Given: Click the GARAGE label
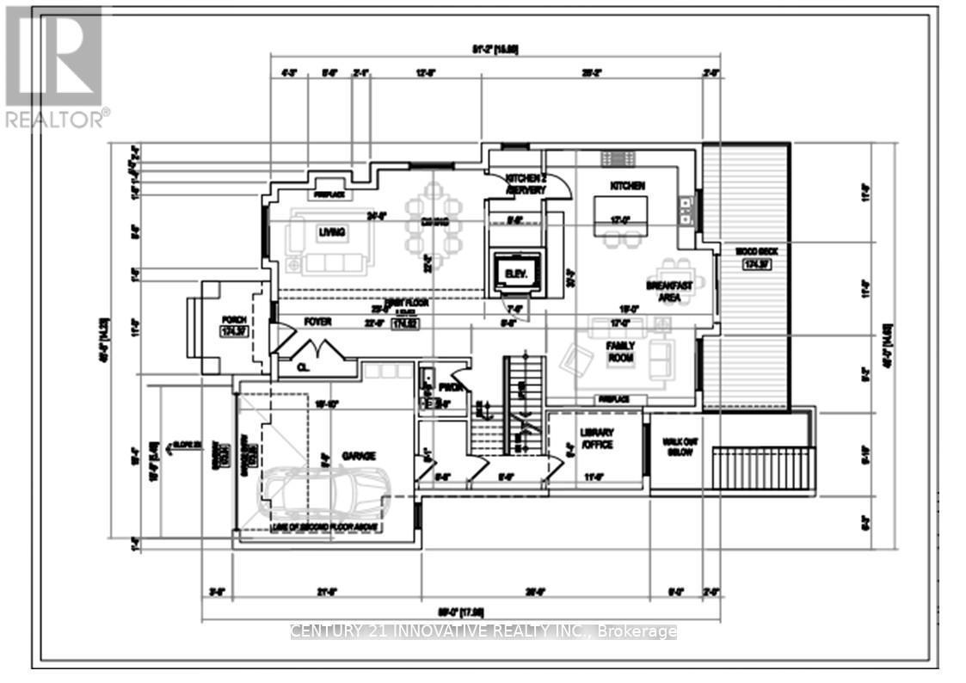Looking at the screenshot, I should [x=355, y=457].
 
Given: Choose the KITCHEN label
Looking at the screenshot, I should [x=627, y=186].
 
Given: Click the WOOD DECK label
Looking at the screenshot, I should [x=745, y=251].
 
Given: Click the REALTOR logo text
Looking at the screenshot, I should [x=57, y=120].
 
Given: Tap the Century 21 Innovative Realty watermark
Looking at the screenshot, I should [x=483, y=632].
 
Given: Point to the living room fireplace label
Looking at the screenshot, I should [x=329, y=194].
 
